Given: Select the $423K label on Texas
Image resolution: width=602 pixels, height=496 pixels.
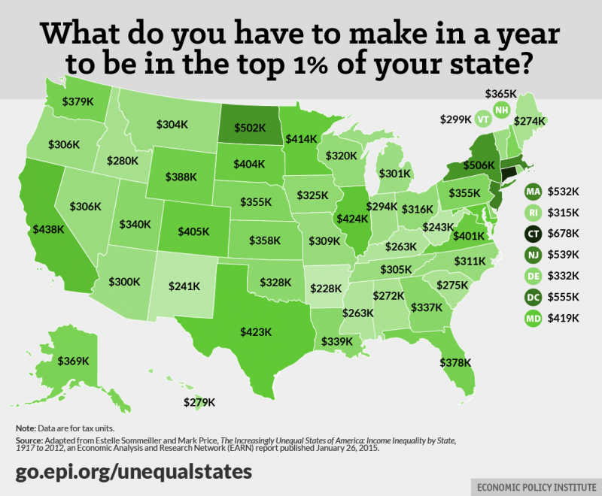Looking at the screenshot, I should [257, 329].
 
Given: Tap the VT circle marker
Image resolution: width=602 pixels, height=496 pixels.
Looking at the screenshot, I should [482, 119].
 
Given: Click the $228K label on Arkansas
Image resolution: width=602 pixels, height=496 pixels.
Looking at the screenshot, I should [324, 289].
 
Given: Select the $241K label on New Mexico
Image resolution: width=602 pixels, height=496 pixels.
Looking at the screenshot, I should [184, 286].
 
